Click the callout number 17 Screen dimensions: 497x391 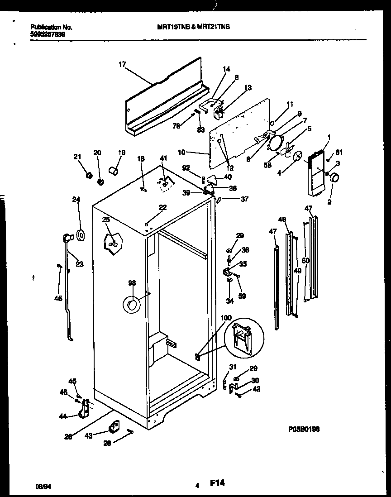pos(122,65)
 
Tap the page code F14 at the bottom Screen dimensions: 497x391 pos(218,484)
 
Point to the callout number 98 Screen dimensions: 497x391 pos(132,283)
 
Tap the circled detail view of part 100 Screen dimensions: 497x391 pos(243,337)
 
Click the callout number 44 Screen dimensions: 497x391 pos(63,416)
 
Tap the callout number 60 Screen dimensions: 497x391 pos(305,260)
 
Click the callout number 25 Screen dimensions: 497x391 pos(106,220)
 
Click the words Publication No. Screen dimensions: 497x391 pos(51,27)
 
